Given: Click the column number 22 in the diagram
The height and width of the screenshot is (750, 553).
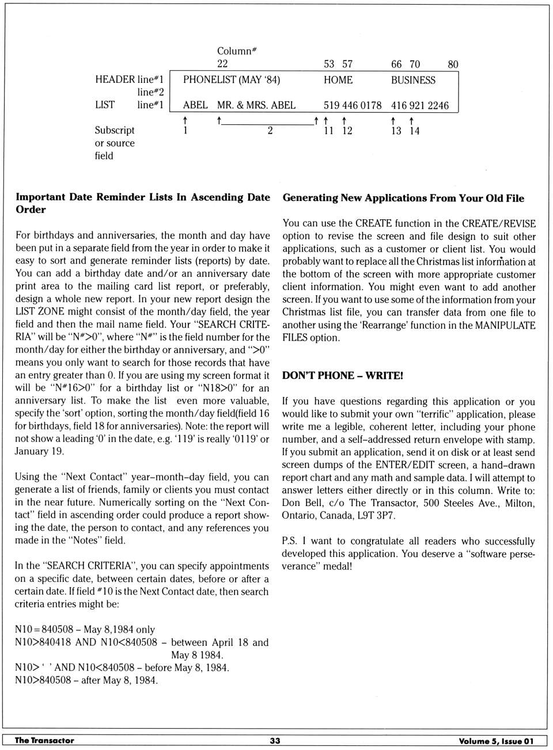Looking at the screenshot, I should click(222, 64).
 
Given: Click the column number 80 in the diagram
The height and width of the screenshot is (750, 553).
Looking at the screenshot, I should click(453, 64).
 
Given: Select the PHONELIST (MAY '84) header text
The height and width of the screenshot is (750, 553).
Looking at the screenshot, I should click(232, 80).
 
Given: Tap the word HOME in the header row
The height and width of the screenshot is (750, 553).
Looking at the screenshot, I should click(338, 80).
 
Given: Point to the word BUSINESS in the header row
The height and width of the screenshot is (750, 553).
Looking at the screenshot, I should click(413, 80).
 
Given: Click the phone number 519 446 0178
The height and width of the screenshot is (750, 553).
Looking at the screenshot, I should click(353, 105).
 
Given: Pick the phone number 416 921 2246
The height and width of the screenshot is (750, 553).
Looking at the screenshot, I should click(420, 105).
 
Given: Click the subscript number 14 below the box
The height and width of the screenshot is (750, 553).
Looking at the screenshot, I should click(414, 131).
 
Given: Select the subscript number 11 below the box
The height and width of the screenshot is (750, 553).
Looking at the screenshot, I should click(328, 131).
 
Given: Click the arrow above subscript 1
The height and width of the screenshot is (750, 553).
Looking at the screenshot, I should click(185, 120).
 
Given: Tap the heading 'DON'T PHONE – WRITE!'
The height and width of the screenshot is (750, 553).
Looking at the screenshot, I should click(343, 376).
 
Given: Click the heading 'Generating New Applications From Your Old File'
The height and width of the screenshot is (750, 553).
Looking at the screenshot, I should click(403, 198).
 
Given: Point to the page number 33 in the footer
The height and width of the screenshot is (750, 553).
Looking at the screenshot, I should click(275, 741).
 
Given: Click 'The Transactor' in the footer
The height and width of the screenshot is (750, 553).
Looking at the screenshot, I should click(44, 741).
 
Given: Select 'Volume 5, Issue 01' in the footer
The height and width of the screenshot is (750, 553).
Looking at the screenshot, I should click(496, 741).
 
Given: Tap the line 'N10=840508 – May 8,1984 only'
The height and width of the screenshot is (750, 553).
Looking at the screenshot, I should click(85, 630).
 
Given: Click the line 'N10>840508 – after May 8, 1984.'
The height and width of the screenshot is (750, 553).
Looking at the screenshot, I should click(86, 680).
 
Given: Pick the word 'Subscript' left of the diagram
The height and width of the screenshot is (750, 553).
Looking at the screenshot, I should click(115, 131).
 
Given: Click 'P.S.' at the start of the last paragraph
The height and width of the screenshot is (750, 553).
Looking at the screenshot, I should click(289, 541).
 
